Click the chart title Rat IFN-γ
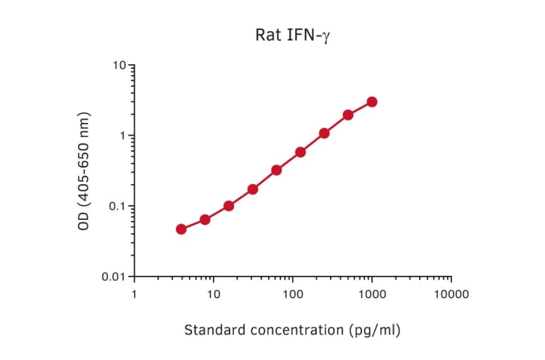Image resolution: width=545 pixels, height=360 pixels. (292, 35)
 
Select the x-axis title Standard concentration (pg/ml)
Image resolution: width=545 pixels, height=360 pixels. (292, 330)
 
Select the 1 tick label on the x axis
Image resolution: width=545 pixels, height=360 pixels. (134, 295)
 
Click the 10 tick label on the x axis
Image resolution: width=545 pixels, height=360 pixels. (213, 295)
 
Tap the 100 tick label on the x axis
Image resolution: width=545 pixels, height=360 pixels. (292, 295)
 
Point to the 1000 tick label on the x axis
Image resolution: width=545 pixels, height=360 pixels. (371, 295)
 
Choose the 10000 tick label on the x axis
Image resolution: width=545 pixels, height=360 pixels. (451, 295)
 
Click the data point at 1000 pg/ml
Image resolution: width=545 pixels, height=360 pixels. (372, 102)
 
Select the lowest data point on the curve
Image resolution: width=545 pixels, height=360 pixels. (181, 229)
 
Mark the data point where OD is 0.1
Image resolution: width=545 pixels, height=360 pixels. (229, 206)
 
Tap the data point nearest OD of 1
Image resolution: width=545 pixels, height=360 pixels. (324, 133)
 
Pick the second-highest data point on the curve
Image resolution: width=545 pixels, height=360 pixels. (348, 115)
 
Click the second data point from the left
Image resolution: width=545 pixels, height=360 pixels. (205, 219)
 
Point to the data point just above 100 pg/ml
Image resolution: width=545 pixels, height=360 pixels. (300, 152)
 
